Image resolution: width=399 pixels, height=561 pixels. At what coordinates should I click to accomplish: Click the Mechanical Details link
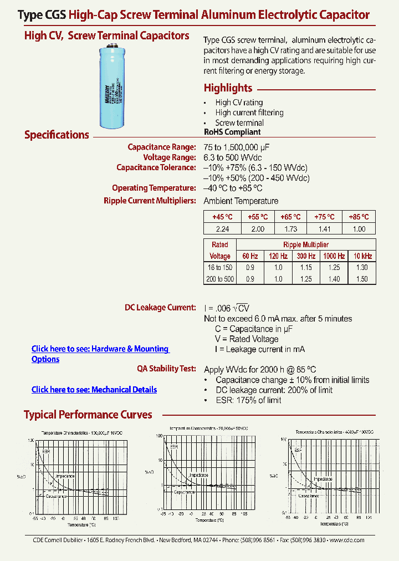pos(94,390)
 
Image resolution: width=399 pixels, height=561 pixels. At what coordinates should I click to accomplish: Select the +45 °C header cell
pos(220,217)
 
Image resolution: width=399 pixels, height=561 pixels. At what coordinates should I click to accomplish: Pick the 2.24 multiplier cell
pos(220,228)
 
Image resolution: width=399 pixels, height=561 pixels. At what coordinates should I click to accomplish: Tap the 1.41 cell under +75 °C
pos(325,228)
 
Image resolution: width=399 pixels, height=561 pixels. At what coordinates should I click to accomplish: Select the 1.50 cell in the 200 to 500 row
pos(361,279)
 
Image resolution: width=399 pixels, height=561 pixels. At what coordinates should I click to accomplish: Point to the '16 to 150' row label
pos(220,267)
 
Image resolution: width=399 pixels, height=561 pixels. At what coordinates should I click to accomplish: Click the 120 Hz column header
pos(278,256)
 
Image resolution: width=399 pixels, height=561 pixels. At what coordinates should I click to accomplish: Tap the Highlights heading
pos(228,88)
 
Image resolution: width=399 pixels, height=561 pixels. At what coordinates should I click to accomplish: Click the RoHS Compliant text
pos(232,132)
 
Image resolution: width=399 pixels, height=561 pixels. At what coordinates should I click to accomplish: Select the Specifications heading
pos(57,135)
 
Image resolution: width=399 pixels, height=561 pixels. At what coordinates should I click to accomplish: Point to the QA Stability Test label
pos(166,368)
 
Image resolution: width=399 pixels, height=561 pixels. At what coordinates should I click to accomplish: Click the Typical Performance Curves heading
pos(88,415)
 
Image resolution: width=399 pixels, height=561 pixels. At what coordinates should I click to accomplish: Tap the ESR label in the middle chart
pos(173,447)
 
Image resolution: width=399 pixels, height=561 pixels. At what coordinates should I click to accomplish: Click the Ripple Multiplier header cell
pos(306,244)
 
